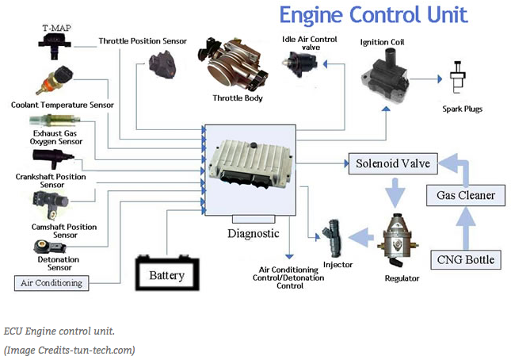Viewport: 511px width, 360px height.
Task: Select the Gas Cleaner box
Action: (466, 195)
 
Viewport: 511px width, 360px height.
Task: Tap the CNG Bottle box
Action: (466, 259)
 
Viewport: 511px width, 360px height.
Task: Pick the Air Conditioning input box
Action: (51, 282)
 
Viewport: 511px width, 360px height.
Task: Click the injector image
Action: (335, 236)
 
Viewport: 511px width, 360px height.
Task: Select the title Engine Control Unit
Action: (372, 14)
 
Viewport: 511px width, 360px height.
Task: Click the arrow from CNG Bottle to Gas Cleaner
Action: (466, 227)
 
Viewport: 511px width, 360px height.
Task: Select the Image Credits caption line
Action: (70, 349)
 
